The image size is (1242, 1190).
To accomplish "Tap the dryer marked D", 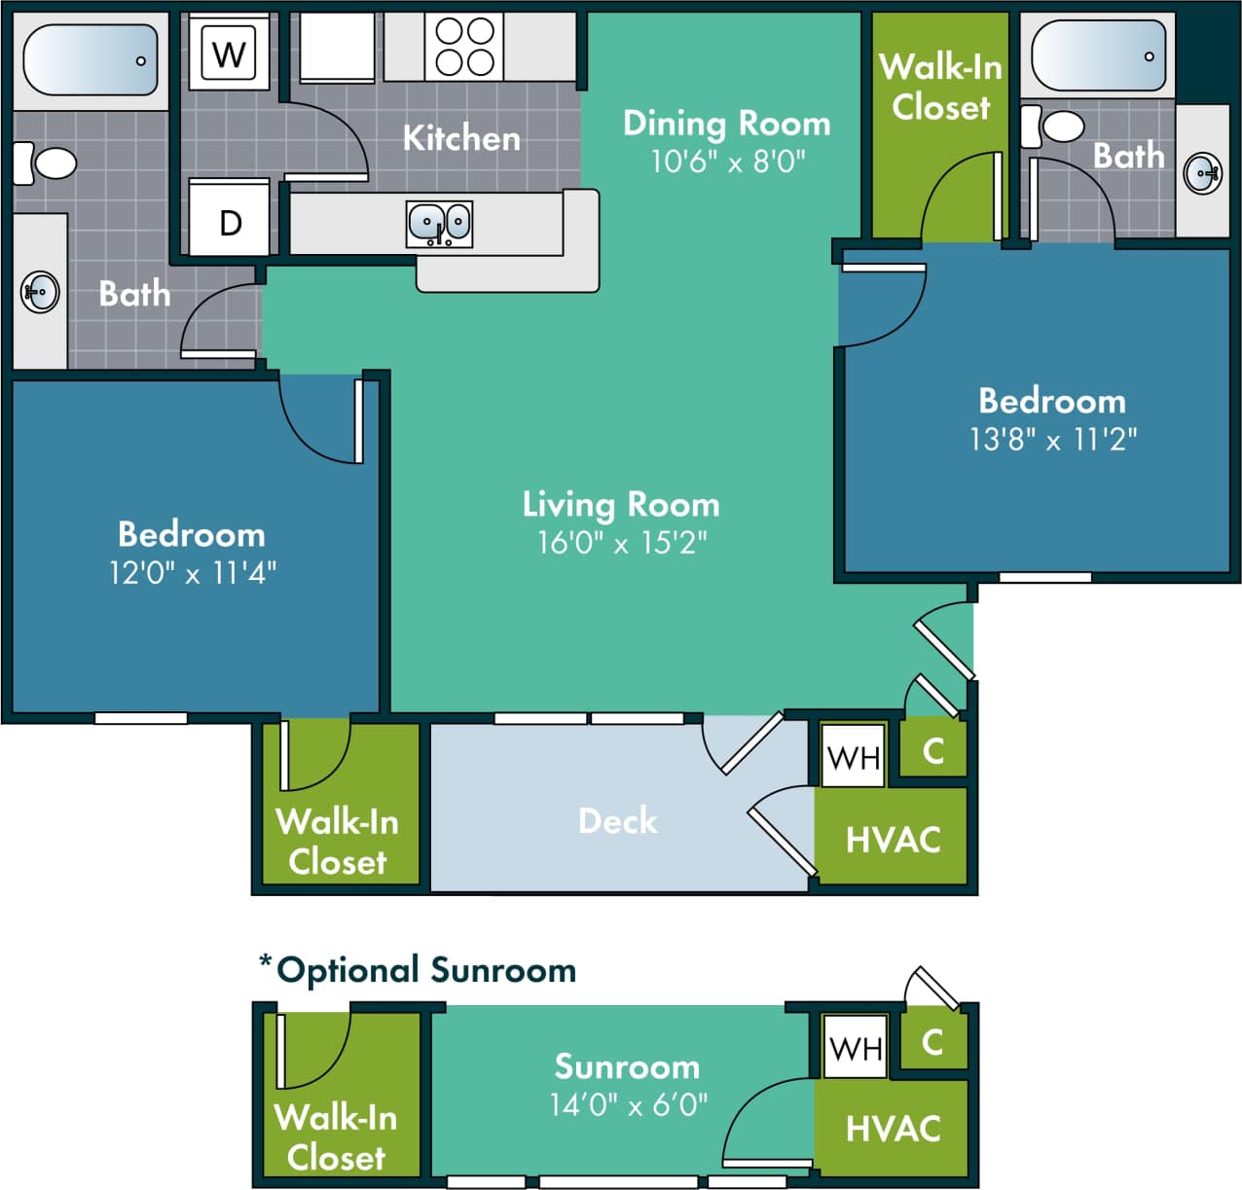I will click(230, 223).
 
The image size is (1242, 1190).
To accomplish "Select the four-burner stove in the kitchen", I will click(464, 47).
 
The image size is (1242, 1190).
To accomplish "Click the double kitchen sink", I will click(439, 224).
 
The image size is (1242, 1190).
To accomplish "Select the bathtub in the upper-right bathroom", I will click(1098, 55).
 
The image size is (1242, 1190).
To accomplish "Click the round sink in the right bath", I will click(1203, 173).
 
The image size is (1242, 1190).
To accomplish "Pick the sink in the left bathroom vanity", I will click(40, 292).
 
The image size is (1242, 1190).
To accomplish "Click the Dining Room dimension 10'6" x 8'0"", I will click(727, 161).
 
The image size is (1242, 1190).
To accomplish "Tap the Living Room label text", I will click(621, 504).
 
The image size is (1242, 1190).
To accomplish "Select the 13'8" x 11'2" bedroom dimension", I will click(1052, 440).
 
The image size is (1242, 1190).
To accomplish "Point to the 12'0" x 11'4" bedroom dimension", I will click(192, 572).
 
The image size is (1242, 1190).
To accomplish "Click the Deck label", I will click(618, 820).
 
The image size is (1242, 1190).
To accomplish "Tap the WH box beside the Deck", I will click(854, 756).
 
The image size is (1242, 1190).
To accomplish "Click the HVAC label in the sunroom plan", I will click(893, 1129).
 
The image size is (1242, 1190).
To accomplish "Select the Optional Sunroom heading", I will click(419, 970).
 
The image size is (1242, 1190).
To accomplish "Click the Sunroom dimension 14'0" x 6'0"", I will click(628, 1105).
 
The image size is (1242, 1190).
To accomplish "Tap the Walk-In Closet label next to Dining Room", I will click(940, 87).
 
